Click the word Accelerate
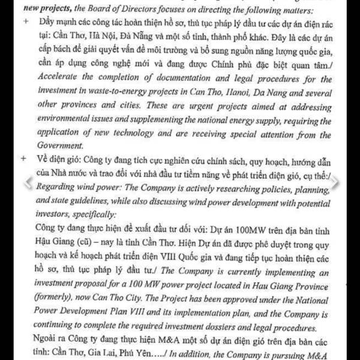(60, 77)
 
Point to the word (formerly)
(59, 295)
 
